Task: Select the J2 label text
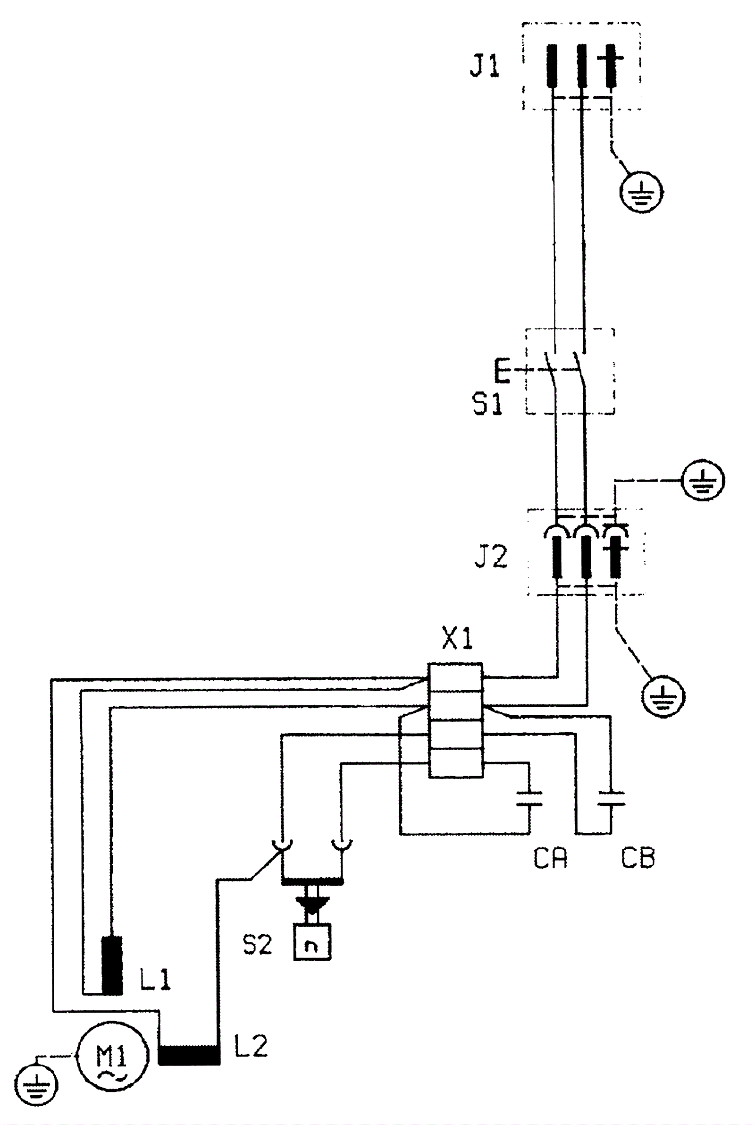(x=491, y=557)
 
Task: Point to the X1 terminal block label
(x=457, y=639)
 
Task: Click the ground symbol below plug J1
(x=640, y=192)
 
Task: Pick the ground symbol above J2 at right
(x=704, y=480)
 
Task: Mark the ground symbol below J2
(x=663, y=696)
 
